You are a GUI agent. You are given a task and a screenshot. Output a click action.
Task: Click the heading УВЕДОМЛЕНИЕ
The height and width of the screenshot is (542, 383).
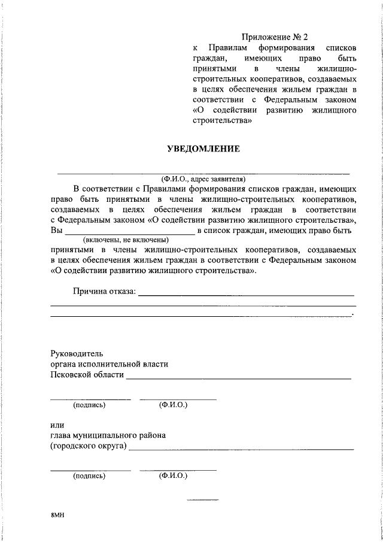click(203, 148)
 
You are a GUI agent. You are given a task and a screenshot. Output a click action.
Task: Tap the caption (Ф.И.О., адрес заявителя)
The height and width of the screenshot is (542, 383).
click(203, 178)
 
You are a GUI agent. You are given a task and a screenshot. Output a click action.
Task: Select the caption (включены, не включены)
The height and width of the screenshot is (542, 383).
click(125, 239)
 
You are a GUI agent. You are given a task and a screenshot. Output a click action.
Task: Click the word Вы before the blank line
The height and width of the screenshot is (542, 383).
click(56, 229)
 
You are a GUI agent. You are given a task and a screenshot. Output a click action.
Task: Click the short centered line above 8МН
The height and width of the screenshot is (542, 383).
click(203, 499)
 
